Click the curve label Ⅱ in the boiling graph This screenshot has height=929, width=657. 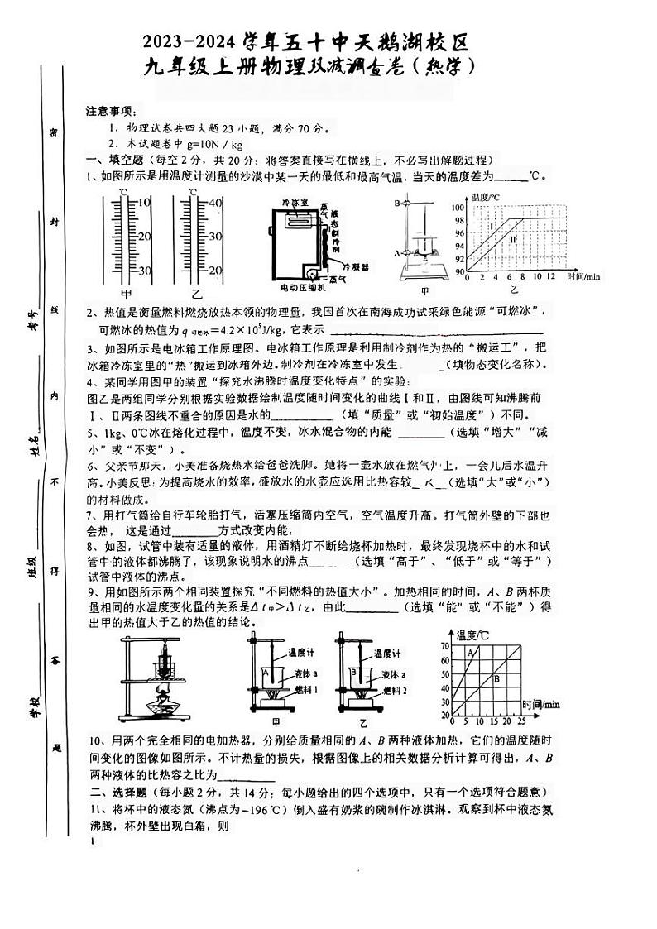[513, 239]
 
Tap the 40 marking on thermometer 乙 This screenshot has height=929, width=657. [214, 203]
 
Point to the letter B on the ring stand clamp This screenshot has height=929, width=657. [396, 203]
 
